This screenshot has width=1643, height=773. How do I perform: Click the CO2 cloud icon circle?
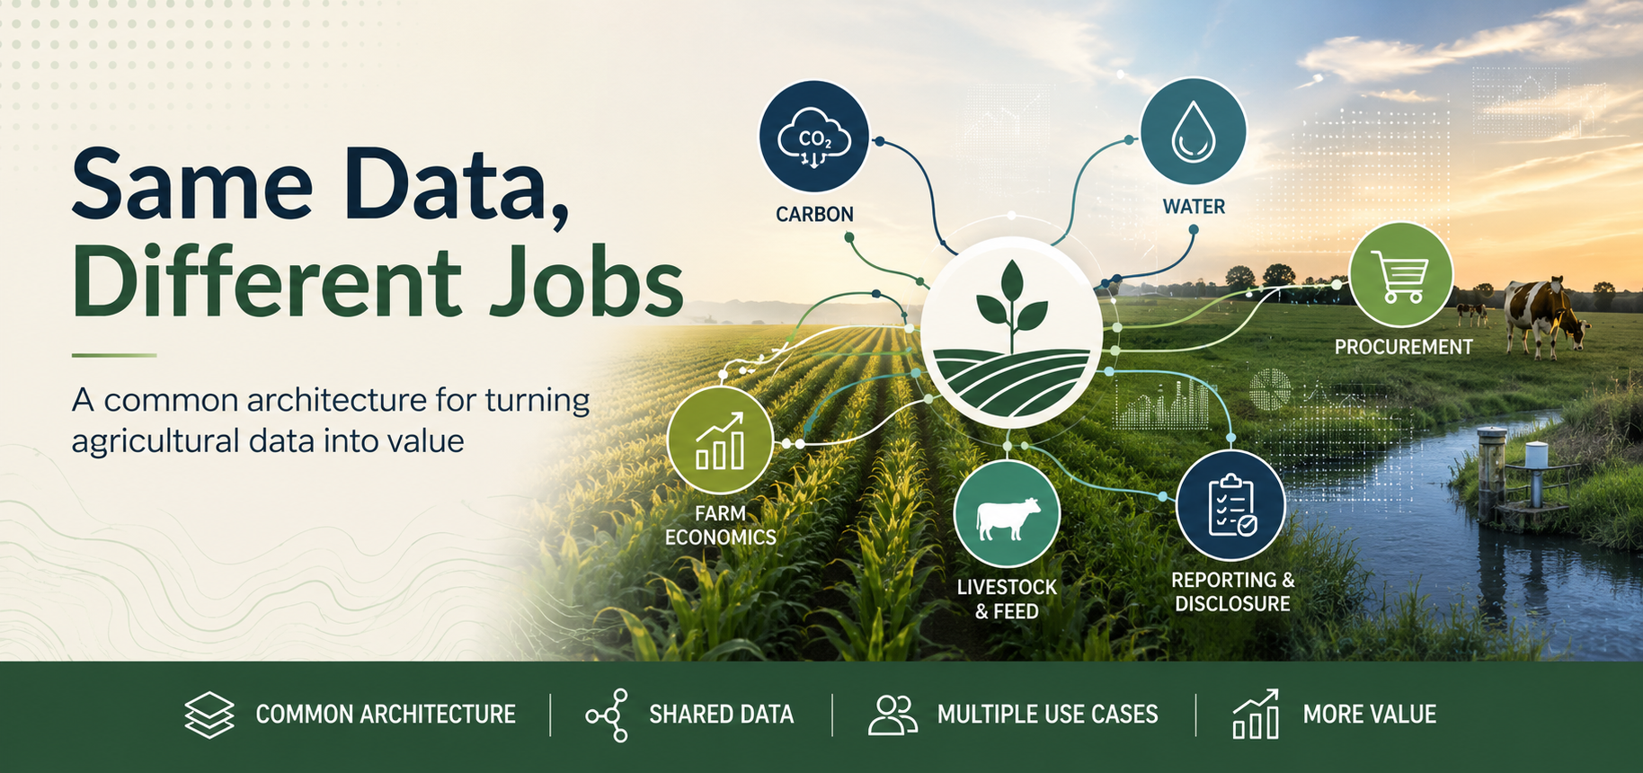pyautogui.click(x=814, y=137)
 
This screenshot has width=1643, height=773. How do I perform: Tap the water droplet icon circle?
pyautogui.click(x=1194, y=132)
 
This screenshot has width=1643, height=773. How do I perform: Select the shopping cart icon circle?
pyautogui.click(x=1401, y=275)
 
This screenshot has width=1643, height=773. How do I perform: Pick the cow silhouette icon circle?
pyautogui.click(x=1008, y=515)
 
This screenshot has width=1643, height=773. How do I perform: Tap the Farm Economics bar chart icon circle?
pyautogui.click(x=720, y=440)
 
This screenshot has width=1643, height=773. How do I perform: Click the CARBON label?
pyautogui.click(x=814, y=215)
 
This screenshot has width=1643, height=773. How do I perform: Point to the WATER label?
pyautogui.click(x=1194, y=207)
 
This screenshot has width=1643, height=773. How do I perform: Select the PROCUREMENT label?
pyautogui.click(x=1403, y=347)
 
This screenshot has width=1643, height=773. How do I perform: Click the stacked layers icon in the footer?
pyautogui.click(x=209, y=715)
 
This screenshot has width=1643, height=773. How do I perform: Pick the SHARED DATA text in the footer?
pyautogui.click(x=722, y=715)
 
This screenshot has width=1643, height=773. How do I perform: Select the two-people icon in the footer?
pyautogui.click(x=893, y=715)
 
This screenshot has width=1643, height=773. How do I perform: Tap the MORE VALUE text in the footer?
pyautogui.click(x=1370, y=715)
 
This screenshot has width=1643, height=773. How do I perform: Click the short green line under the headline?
pyautogui.click(x=114, y=356)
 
